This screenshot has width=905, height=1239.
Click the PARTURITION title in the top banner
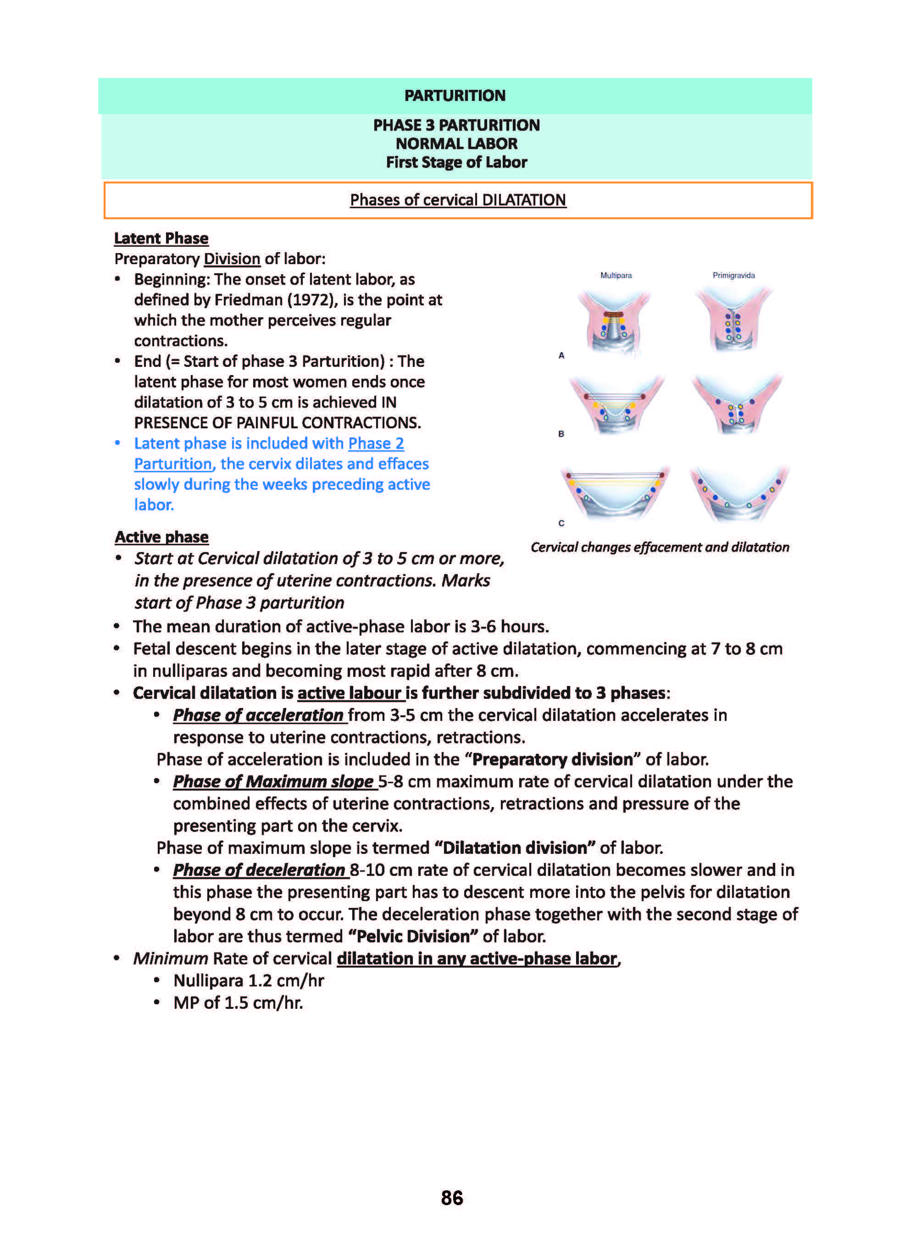click(x=455, y=95)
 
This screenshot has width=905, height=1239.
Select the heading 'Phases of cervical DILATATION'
click(x=457, y=200)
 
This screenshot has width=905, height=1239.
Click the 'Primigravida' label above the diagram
click(x=733, y=276)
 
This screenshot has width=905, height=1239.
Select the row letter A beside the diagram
click(x=561, y=355)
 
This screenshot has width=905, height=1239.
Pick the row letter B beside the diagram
click(x=561, y=434)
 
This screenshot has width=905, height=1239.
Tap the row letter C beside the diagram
click(x=561, y=523)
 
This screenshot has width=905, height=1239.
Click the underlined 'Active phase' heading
click(x=161, y=537)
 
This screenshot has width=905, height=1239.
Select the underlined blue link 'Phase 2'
click(x=376, y=443)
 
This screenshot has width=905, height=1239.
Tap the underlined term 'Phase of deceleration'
click(x=259, y=870)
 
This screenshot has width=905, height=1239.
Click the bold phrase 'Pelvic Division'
click(x=413, y=936)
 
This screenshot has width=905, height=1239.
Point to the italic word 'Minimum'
click(x=170, y=959)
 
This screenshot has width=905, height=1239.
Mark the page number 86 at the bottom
click(x=452, y=1198)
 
